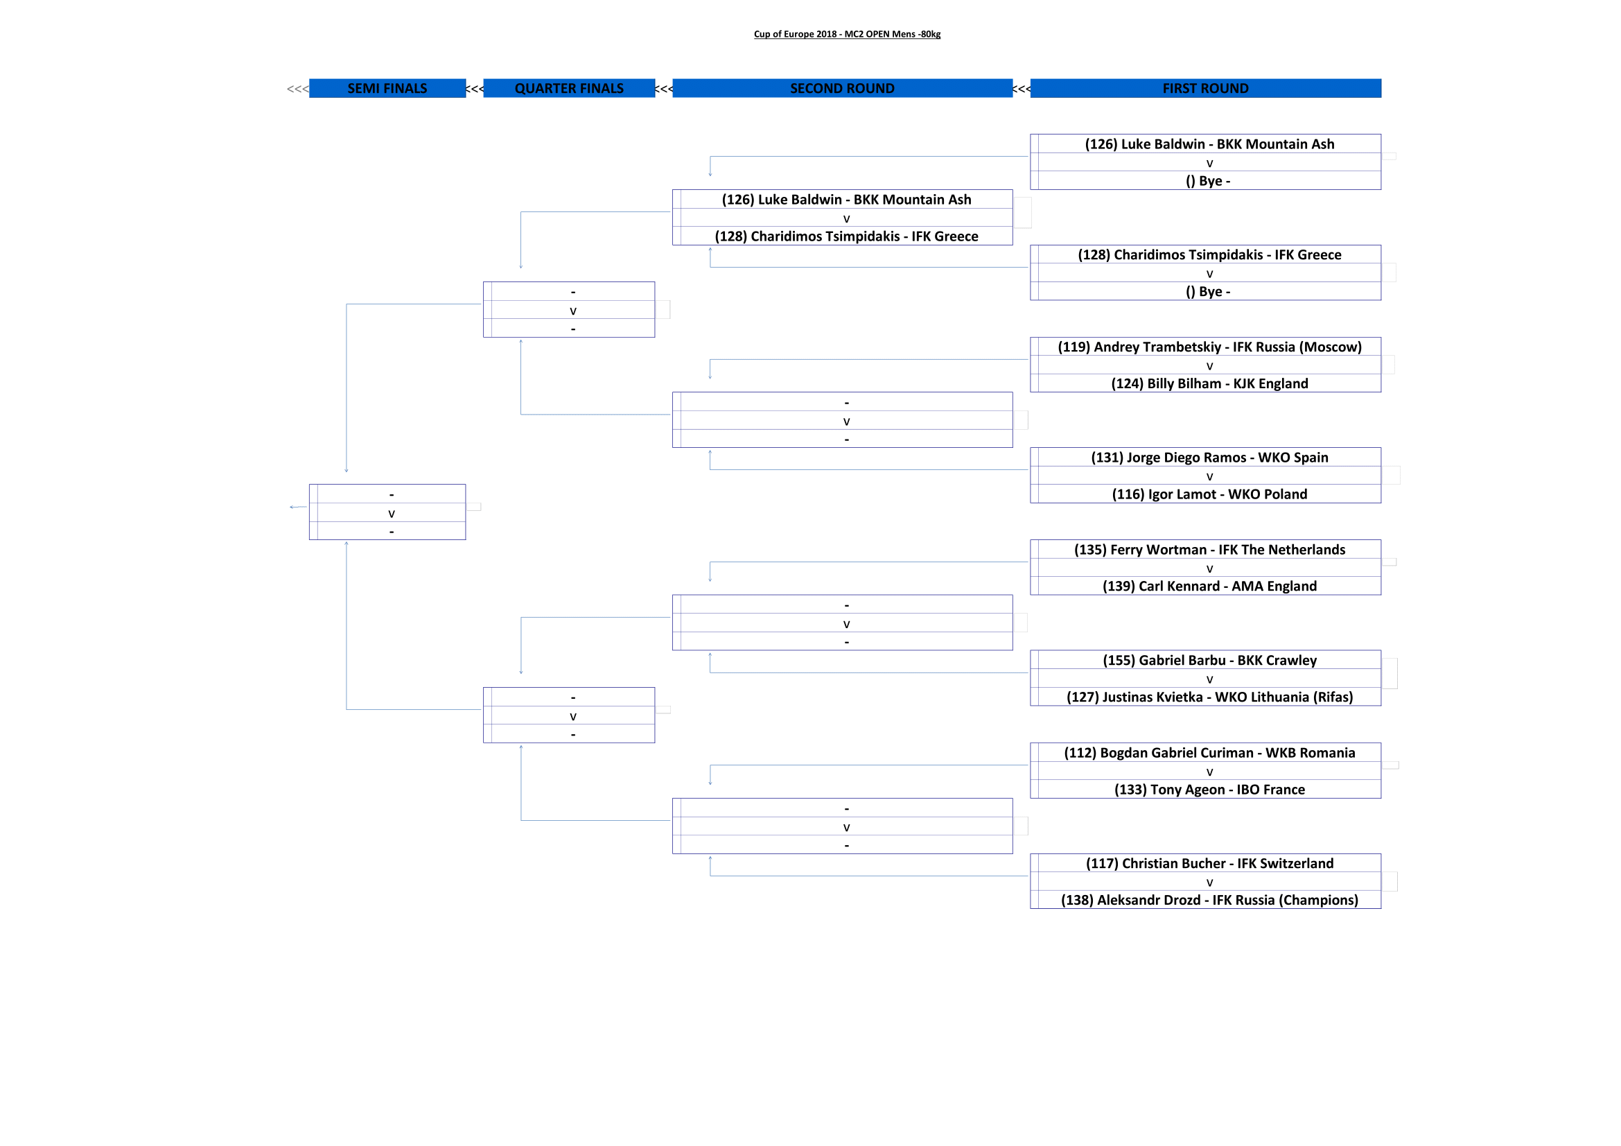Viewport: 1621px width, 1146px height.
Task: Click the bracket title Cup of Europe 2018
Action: [846, 34]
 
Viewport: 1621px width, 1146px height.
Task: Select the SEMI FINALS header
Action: [387, 88]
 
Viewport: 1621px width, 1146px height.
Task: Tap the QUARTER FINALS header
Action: [569, 88]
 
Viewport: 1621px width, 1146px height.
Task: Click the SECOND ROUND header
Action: [841, 88]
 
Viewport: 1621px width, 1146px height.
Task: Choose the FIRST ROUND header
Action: [1205, 88]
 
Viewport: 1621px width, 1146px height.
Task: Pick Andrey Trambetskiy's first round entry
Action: [1209, 347]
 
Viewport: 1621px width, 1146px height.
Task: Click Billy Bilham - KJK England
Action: [1209, 383]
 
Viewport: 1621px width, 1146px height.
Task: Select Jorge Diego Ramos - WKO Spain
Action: [1209, 458]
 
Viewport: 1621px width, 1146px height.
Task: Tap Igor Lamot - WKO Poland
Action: [1209, 494]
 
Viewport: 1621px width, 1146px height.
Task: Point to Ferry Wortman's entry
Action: [1209, 549]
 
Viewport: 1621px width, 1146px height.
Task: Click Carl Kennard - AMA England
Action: [1209, 586]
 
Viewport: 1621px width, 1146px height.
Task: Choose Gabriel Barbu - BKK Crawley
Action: [1209, 660]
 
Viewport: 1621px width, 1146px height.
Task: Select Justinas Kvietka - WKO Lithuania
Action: [1209, 697]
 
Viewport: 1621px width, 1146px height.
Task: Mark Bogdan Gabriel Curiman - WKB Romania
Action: [1209, 753]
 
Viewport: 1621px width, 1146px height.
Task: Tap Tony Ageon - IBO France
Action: [1209, 790]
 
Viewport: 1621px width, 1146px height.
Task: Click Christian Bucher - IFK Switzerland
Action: [1209, 863]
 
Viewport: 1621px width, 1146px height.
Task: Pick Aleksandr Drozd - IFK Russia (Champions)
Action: [1209, 900]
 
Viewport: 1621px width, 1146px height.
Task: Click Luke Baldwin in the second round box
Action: [845, 199]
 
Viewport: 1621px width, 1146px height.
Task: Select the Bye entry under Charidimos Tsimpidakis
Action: [1207, 292]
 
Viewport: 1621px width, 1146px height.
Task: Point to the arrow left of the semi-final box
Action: [298, 507]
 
